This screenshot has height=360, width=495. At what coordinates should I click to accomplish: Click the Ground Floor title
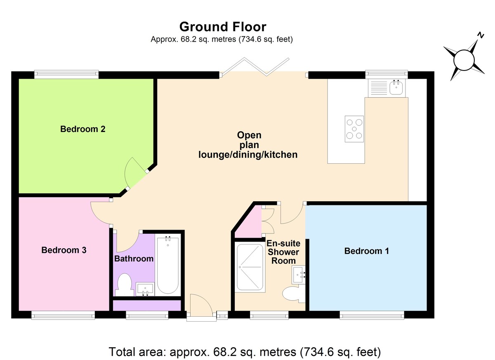223,27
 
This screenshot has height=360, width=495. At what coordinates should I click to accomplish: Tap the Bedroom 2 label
82,129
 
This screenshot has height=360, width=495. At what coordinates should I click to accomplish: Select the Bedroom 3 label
64,250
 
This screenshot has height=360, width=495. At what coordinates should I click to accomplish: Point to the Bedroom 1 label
366,251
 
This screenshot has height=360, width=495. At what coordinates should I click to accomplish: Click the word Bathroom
134,259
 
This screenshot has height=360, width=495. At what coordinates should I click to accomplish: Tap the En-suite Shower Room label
283,252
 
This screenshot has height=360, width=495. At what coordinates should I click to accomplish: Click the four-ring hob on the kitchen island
354,129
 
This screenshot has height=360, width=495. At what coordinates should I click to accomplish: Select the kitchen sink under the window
387,87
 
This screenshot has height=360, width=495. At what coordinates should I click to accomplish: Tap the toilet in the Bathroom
124,285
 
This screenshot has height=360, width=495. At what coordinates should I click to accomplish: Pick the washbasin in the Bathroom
145,289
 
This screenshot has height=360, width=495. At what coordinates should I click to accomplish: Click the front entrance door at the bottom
201,307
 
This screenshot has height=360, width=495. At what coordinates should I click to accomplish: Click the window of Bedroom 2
66,74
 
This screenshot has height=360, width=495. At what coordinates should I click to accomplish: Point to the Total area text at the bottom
245,352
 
